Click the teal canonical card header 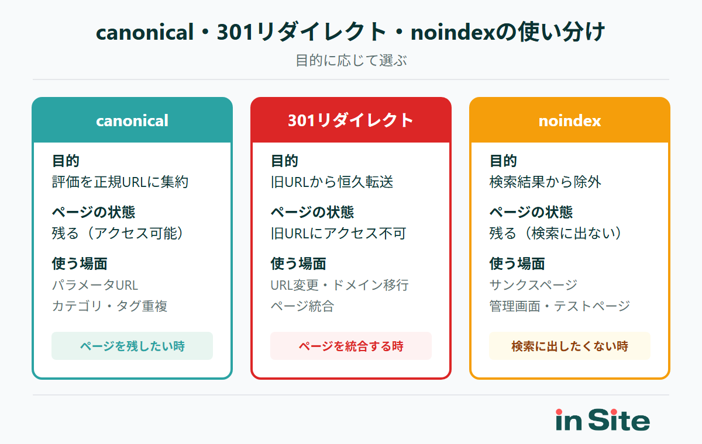[132, 120]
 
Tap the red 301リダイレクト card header [351, 120]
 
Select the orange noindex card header [570, 120]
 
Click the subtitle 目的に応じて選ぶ [351, 60]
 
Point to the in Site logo [603, 420]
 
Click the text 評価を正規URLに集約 [121, 182]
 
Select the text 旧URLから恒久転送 [332, 182]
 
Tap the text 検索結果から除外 [545, 182]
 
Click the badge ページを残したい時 [132, 346]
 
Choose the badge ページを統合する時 [351, 346]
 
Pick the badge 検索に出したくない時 [570, 346]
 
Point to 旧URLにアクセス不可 [338, 233]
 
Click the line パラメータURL [95, 285]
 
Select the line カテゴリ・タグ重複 [110, 306]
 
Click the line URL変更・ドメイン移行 [339, 285]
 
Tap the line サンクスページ [534, 285]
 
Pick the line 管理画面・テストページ [560, 306]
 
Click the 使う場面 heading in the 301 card [298, 263]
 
